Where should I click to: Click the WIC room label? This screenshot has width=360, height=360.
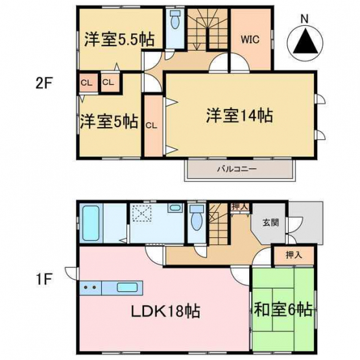[x=250, y=40]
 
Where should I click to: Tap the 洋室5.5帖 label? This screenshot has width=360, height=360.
[x=119, y=40]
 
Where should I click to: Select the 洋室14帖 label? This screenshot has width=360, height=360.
[x=240, y=115]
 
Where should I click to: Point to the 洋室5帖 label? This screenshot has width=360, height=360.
[x=109, y=121]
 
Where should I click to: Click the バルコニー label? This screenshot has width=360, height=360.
[x=237, y=170]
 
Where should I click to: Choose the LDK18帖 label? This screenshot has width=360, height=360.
[x=165, y=311]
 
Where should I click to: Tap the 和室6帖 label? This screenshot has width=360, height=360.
[x=283, y=309]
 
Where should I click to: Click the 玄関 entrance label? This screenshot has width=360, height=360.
[x=270, y=222]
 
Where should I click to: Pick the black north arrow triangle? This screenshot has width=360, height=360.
[x=305, y=41]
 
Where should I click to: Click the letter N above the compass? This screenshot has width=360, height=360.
[x=305, y=19]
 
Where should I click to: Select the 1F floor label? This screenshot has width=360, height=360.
[x=43, y=279]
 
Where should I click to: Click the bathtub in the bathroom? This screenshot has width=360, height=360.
[x=91, y=223]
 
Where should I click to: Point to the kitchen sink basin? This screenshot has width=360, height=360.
[x=127, y=287]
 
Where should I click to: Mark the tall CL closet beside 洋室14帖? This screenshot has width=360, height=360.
[x=154, y=125]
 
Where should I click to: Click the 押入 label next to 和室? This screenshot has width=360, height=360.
[x=294, y=255]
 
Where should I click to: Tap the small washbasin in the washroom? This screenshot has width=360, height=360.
[x=175, y=208]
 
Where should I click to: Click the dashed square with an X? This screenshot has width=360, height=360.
[x=141, y=213]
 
